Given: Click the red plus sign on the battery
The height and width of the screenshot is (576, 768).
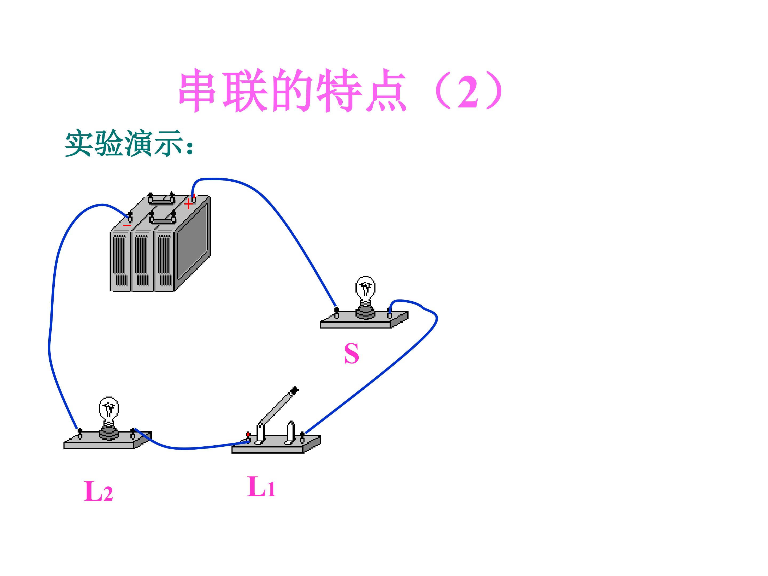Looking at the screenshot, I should [188, 204].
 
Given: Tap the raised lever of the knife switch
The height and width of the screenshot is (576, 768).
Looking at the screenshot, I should [278, 406].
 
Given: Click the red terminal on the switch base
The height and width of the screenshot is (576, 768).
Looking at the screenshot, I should [248, 435].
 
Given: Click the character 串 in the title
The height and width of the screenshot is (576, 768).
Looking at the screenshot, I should [197, 90].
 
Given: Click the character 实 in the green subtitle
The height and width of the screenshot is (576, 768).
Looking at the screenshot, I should [79, 143].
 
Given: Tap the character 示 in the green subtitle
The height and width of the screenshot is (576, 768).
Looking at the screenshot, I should [168, 143].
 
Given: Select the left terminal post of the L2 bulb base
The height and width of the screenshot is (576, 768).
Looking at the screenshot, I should [80, 434].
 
